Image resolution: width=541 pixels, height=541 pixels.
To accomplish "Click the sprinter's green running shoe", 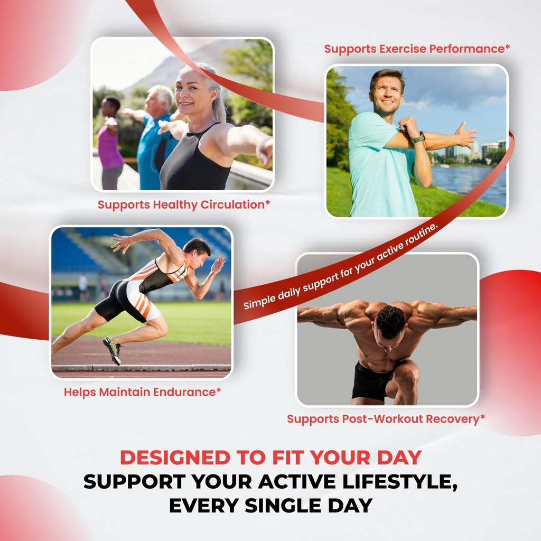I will (112, 350).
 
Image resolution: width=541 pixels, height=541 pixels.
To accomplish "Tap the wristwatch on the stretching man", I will (417, 139).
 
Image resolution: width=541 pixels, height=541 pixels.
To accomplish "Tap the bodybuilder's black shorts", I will (372, 381).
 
